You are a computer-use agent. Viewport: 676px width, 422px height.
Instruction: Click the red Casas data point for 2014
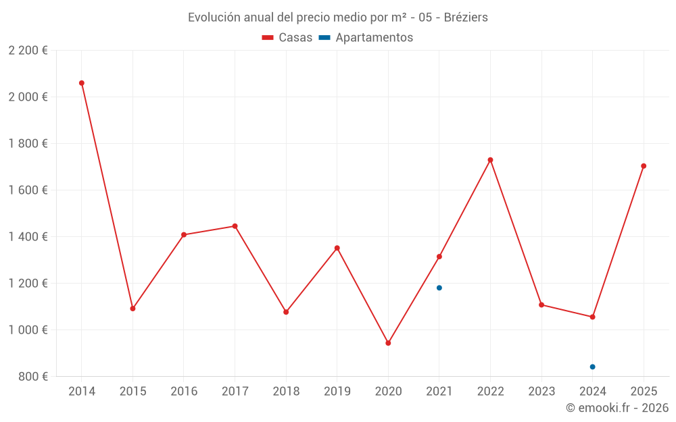click(x=82, y=83)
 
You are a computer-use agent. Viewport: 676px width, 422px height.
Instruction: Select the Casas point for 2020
click(x=388, y=343)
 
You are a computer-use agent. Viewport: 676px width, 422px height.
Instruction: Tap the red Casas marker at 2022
click(x=490, y=160)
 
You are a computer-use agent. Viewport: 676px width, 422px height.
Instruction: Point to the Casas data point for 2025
click(x=644, y=166)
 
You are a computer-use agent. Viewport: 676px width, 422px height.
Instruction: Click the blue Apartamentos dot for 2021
click(x=439, y=288)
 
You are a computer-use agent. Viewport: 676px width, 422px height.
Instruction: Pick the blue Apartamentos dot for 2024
click(x=593, y=367)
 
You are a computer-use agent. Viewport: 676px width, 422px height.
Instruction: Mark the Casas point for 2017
click(x=235, y=226)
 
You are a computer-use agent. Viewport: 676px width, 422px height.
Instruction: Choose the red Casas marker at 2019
click(x=337, y=248)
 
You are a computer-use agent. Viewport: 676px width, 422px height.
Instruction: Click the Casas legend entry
click(x=287, y=38)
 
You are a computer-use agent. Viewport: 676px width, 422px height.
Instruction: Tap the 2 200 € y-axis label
click(x=28, y=51)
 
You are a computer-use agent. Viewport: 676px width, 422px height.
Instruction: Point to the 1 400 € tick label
click(x=28, y=237)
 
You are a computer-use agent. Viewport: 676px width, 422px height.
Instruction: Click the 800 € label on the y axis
click(x=32, y=377)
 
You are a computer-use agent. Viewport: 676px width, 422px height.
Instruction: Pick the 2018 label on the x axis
click(x=286, y=392)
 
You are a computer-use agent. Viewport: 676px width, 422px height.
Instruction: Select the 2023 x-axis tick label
click(x=541, y=392)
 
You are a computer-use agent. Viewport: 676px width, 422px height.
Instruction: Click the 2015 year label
click(x=132, y=392)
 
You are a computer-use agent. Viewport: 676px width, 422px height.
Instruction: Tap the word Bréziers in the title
click(x=466, y=18)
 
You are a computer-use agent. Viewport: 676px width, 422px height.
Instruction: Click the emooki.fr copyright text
click(x=617, y=408)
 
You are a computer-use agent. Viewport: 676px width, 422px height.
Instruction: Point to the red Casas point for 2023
click(x=541, y=305)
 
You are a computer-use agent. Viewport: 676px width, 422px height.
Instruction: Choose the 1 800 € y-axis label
click(x=28, y=144)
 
